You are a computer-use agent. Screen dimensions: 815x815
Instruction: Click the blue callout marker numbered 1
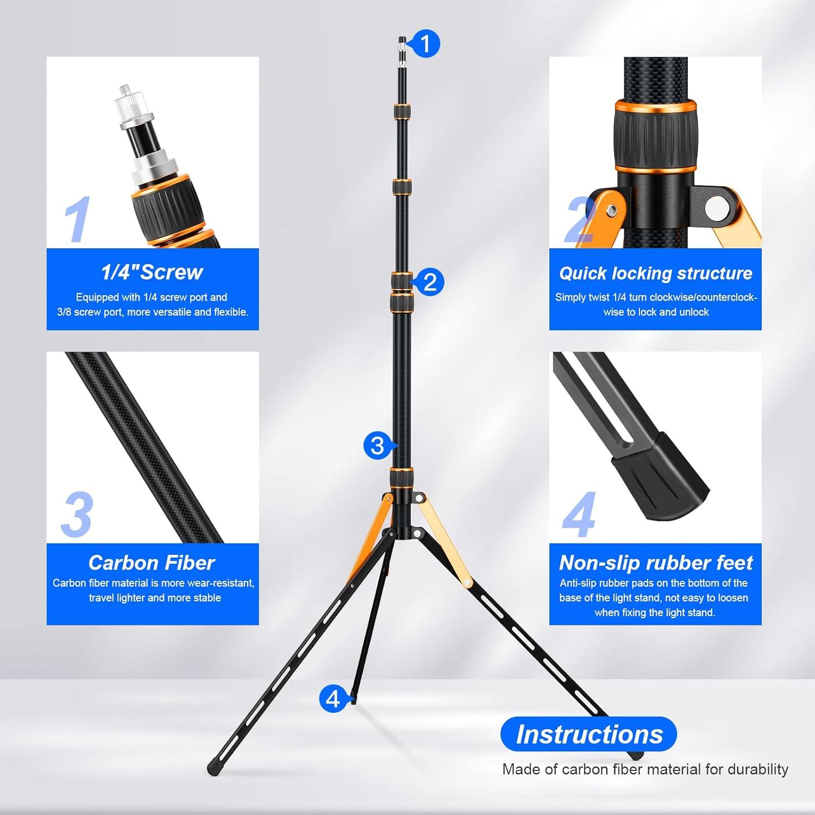pyautogui.click(x=425, y=43)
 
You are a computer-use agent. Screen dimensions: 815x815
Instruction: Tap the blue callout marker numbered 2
pyautogui.click(x=430, y=283)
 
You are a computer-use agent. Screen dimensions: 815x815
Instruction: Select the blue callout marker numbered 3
pyautogui.click(x=377, y=446)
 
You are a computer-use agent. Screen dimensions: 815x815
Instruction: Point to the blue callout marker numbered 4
pyautogui.click(x=333, y=699)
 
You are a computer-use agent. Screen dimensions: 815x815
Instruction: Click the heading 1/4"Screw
pyautogui.click(x=152, y=272)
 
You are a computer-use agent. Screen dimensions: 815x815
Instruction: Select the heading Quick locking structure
pyautogui.click(x=655, y=273)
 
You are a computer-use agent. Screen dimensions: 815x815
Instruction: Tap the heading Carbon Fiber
pyautogui.click(x=152, y=563)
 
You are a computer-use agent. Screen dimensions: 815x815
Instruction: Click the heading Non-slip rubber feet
pyautogui.click(x=655, y=563)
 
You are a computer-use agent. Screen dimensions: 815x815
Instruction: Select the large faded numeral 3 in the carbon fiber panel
pyautogui.click(x=77, y=515)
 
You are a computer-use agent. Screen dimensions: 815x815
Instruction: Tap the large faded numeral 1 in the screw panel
pyautogui.click(x=77, y=220)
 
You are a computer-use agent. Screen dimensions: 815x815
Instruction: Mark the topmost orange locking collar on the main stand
pyautogui.click(x=402, y=111)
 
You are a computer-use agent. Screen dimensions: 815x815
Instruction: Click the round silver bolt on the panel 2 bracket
pyautogui.click(x=717, y=207)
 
